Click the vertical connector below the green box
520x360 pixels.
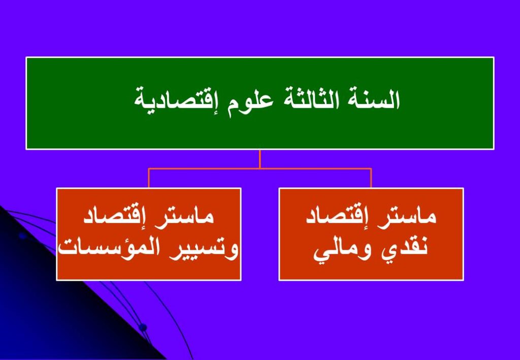259,159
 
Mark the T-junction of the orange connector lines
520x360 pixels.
259,169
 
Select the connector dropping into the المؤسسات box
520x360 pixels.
149,178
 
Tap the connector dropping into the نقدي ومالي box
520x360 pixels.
371,178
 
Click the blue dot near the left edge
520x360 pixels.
22,236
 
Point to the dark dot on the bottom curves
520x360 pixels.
143,328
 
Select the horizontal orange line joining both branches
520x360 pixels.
259,169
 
